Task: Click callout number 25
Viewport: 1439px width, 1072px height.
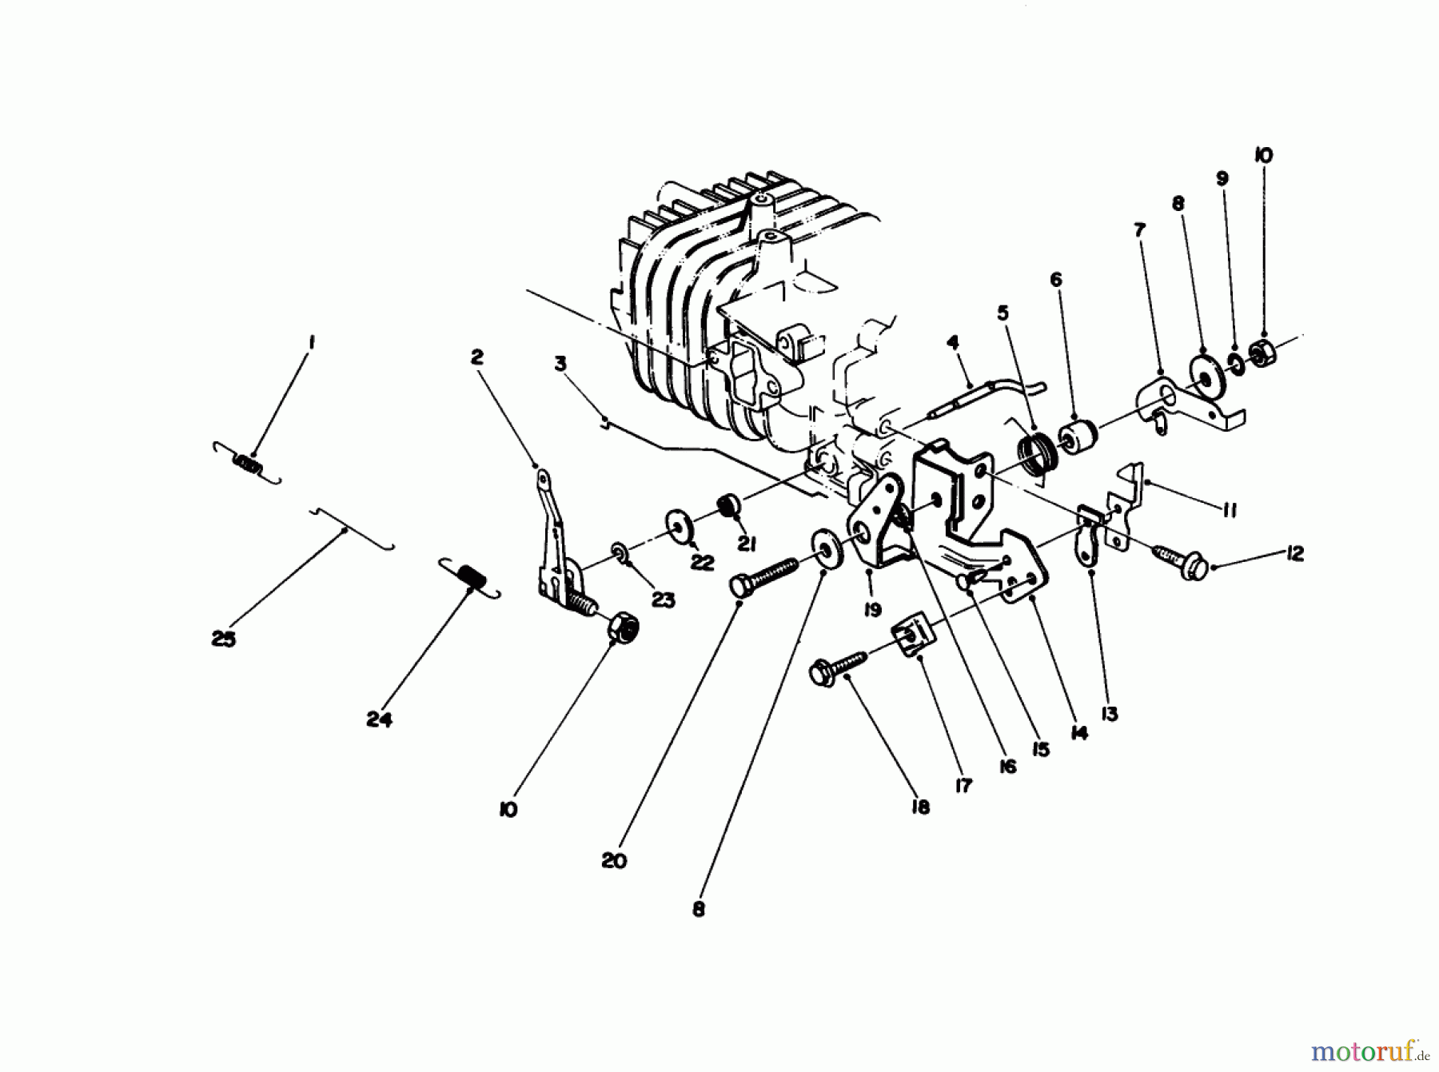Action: [224, 640]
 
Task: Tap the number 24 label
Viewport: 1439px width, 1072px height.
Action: [379, 719]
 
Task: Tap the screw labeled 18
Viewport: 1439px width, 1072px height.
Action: [839, 668]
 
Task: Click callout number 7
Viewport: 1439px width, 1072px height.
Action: [1139, 230]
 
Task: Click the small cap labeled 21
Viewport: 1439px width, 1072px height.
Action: [729, 507]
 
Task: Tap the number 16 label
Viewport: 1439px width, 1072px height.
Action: [1007, 767]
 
